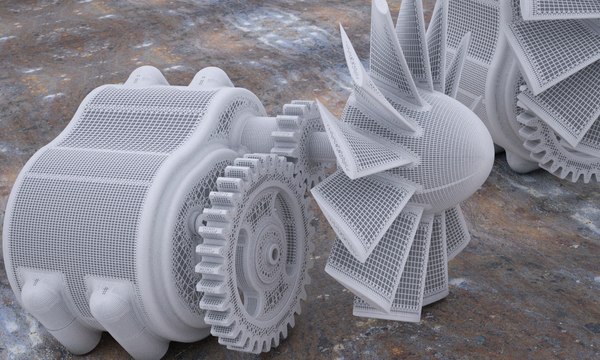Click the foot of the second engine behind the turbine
point(520,160)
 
